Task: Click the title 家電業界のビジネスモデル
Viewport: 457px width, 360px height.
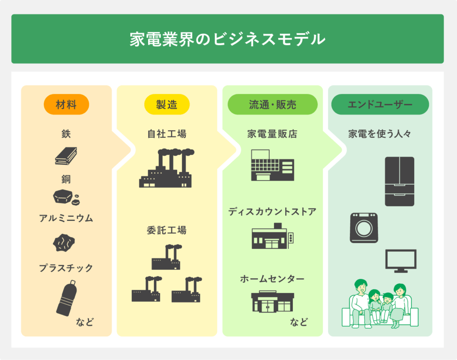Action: coord(227,39)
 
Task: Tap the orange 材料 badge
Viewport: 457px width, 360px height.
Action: coord(66,105)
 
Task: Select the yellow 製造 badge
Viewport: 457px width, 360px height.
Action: coord(166,105)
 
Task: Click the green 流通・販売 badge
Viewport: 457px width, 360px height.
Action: coord(272,105)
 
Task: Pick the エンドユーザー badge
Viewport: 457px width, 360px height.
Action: coord(380,105)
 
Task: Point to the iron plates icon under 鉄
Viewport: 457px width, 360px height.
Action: coord(66,156)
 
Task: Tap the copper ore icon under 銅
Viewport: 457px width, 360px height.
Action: coord(66,197)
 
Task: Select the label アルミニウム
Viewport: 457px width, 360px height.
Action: coord(66,219)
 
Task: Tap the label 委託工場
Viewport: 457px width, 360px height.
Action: coord(166,231)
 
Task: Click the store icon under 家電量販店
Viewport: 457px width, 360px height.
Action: coord(272,165)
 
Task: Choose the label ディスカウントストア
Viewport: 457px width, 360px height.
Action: coord(272,211)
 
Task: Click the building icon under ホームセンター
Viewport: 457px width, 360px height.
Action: coord(272,302)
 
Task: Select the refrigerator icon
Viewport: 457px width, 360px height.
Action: coord(399,181)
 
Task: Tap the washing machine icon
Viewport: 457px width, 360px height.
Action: coord(364,228)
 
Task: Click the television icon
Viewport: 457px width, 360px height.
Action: coord(400,261)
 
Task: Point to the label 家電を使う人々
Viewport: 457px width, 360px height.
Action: coord(380,134)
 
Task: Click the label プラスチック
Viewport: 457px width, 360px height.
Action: coord(66,268)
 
